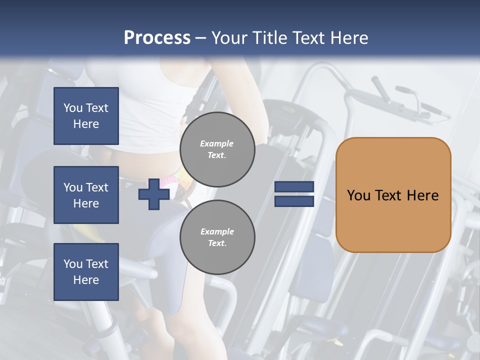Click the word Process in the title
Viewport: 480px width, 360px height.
pos(157,38)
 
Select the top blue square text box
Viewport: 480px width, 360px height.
pos(86,116)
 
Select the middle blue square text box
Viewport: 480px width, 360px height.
pos(86,195)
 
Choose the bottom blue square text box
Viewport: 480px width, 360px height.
pos(86,272)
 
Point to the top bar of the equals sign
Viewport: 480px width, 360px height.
pos(294,187)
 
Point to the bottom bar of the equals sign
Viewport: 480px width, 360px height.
pos(294,201)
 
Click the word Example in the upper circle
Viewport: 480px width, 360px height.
pos(217,143)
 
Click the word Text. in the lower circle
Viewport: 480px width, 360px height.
pos(217,243)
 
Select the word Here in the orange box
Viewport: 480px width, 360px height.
pos(422,195)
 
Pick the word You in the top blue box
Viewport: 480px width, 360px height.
pos(72,108)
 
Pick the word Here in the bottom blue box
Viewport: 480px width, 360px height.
pos(86,280)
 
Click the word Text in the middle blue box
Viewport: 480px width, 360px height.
pos(97,187)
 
